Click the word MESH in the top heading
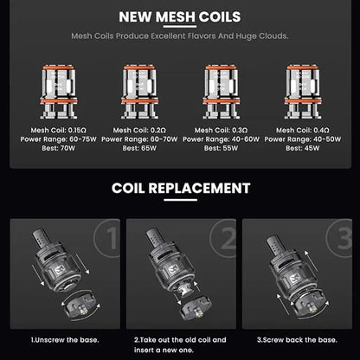click(176, 17)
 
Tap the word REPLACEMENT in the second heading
click(199, 188)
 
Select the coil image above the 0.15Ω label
click(59, 92)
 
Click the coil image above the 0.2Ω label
click(139, 92)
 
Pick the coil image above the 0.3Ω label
click(222, 92)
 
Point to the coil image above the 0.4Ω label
click(303, 92)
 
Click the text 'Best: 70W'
click(59, 148)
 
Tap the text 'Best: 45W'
click(303, 148)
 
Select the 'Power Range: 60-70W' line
click(139, 139)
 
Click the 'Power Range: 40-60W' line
click(221, 139)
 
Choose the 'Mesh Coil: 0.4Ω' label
click(303, 130)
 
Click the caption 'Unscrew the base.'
click(67, 340)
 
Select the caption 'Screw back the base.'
click(299, 340)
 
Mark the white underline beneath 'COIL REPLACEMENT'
click(180, 199)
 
